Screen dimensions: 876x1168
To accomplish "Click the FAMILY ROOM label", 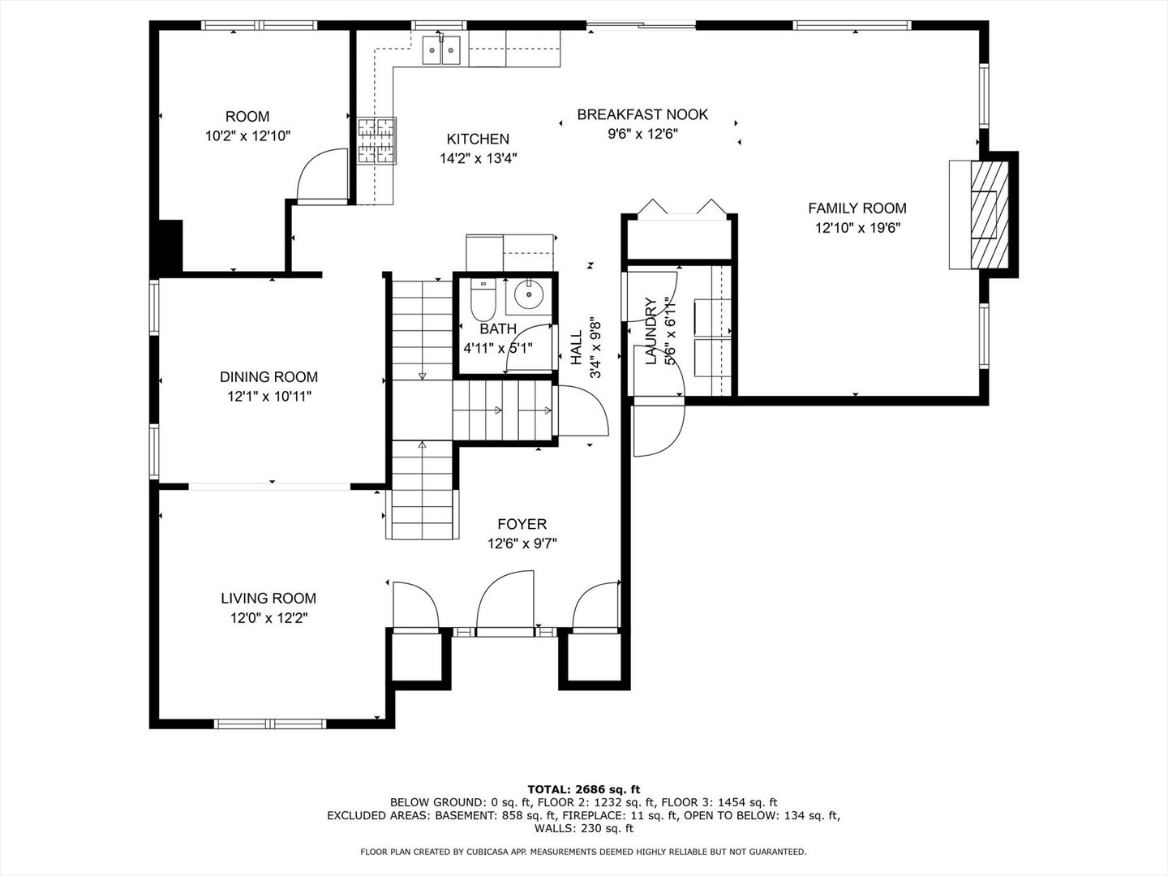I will point(857,208).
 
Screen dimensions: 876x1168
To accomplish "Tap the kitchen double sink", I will point(441,51).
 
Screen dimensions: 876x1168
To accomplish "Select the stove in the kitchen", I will point(376,141).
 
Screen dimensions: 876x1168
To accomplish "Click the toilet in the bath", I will point(483,299).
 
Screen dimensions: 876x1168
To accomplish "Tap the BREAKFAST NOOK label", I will point(642,114).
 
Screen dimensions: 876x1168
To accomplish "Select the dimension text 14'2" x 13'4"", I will point(478,159).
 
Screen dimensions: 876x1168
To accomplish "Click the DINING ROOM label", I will point(268,377).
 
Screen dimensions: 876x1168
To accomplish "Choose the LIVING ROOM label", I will point(268,599).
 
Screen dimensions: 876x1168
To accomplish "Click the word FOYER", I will point(522,525).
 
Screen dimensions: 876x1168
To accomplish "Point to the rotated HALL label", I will point(576,347).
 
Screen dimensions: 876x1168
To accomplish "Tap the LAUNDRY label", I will point(651,332).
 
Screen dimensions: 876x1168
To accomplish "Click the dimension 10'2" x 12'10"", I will point(247,136).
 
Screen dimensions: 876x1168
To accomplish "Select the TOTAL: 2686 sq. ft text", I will point(583,788).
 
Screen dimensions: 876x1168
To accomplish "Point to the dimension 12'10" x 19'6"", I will point(857,229).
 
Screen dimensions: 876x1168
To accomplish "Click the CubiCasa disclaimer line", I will point(583,852).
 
